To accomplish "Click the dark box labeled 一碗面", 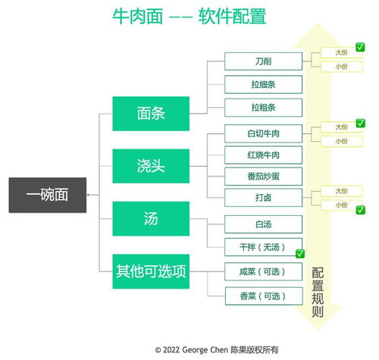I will pyautogui.click(x=48, y=195).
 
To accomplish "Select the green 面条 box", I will pyautogui.click(x=152, y=113).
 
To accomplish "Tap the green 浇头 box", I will pyautogui.click(x=152, y=166).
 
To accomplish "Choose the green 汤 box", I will pyautogui.click(x=152, y=218).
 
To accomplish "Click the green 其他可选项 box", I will pyautogui.click(x=152, y=271).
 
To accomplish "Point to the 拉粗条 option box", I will pyautogui.click(x=264, y=107).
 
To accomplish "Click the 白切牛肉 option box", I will pyautogui.click(x=264, y=133).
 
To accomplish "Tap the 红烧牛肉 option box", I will pyautogui.click(x=264, y=155).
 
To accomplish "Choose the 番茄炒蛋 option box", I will pyautogui.click(x=264, y=176).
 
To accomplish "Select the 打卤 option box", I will pyautogui.click(x=264, y=198).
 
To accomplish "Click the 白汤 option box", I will pyautogui.click(x=264, y=224).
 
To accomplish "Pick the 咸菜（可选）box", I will pyautogui.click(x=264, y=271).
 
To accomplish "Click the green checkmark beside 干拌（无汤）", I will pyautogui.click(x=299, y=253).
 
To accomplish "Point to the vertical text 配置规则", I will pyautogui.click(x=318, y=294).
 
